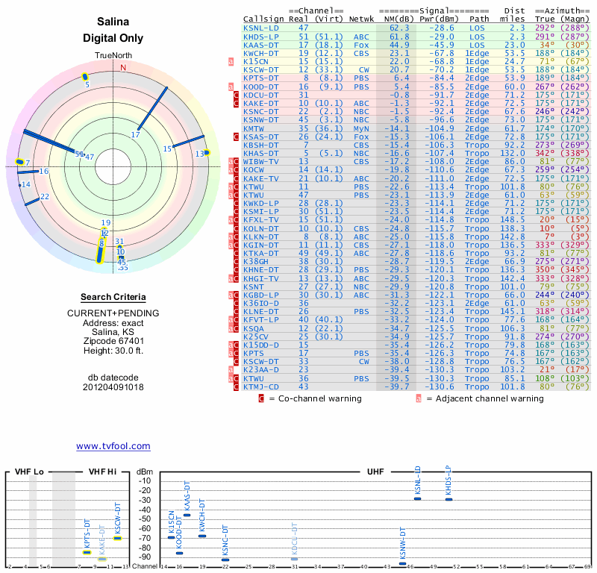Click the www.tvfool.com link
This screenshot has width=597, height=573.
tap(113, 446)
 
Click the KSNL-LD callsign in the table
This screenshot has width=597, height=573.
tap(262, 27)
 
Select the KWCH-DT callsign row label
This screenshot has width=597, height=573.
tap(262, 54)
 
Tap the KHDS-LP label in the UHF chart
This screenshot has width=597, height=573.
tap(448, 481)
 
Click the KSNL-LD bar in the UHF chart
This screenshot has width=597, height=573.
tap(418, 498)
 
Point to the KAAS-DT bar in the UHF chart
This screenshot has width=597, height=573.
tap(187, 515)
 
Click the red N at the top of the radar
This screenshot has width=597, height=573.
tap(124, 67)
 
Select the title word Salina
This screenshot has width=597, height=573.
tap(113, 22)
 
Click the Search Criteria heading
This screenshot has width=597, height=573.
tap(113, 297)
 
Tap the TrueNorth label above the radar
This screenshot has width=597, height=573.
tap(113, 57)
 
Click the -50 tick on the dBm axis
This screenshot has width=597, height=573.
tap(145, 519)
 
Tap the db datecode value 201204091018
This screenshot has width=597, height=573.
tap(113, 387)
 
